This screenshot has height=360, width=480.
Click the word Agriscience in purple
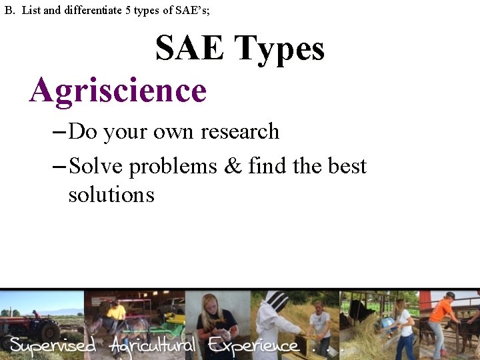[x=118, y=91]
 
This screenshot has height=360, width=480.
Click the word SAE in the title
[x=190, y=49]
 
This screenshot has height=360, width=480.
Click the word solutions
[x=111, y=195]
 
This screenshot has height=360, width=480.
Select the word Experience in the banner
[x=253, y=345]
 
